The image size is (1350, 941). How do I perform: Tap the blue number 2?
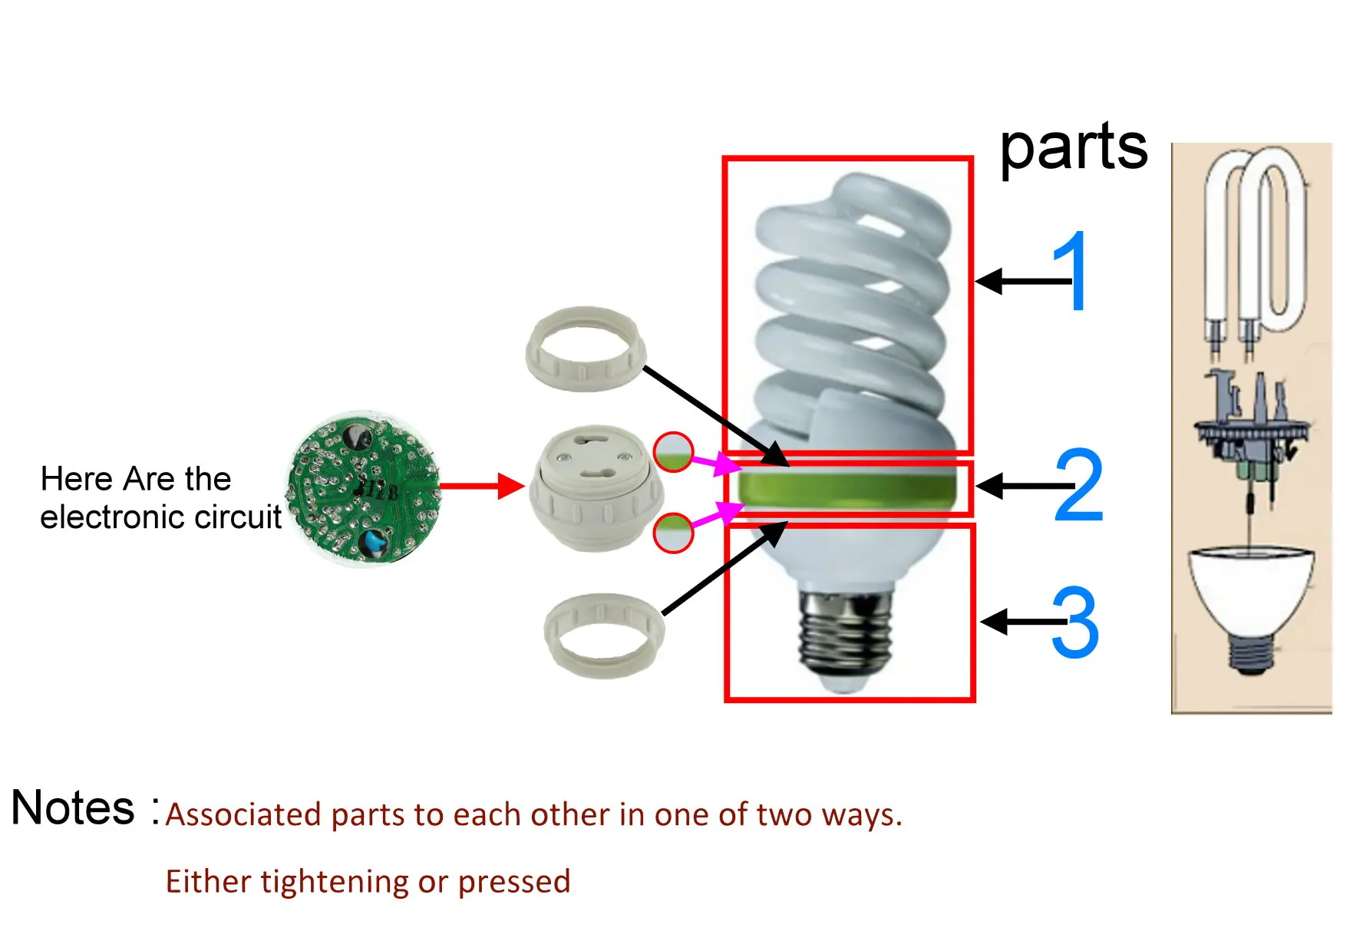(x=1079, y=485)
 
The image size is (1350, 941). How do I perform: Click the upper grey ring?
(x=586, y=348)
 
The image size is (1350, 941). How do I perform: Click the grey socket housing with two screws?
(x=596, y=488)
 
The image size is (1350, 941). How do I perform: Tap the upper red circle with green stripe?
(x=673, y=453)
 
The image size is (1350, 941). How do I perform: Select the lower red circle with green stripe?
(x=673, y=532)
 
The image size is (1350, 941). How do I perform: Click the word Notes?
(x=73, y=807)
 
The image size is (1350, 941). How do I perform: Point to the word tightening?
(x=335, y=881)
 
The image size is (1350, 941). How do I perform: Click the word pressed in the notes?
(x=514, y=882)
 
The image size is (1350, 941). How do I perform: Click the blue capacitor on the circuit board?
(x=374, y=542)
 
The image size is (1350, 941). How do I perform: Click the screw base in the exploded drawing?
(x=1251, y=652)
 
